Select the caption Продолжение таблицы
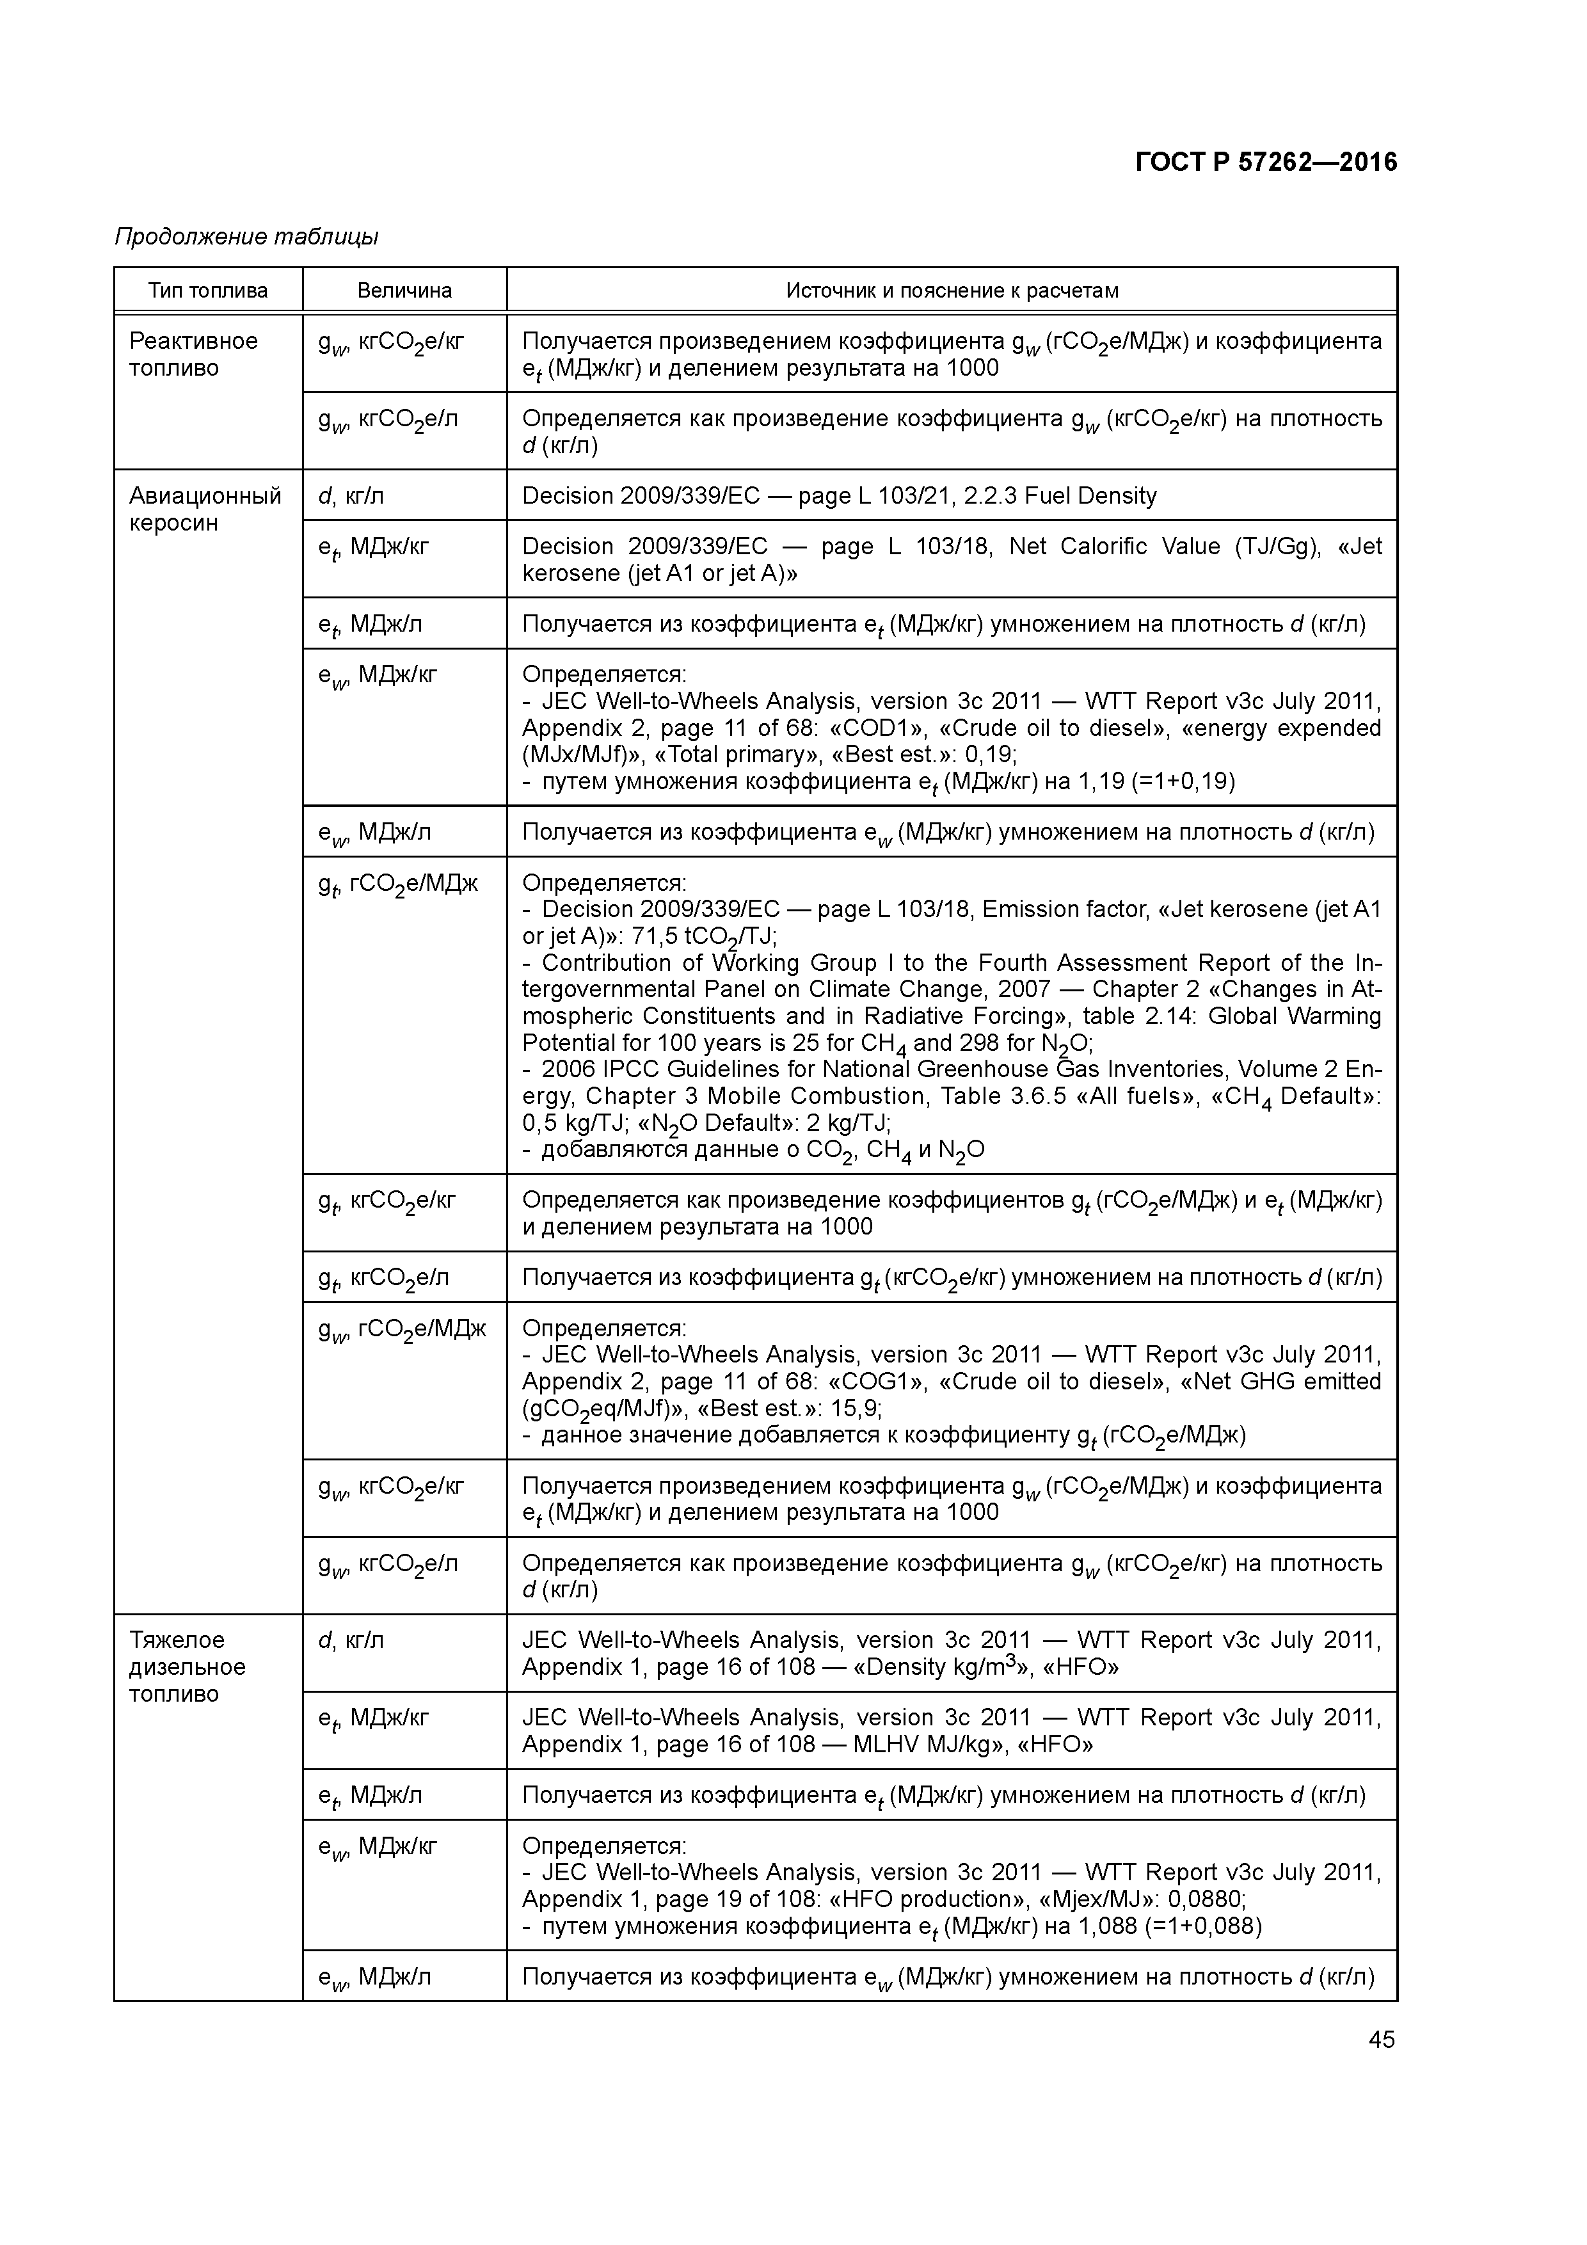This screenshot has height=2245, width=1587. (246, 237)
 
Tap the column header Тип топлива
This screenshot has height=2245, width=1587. (207, 291)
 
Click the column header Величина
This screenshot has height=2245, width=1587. (404, 291)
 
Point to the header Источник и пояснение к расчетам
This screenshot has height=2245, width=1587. (952, 291)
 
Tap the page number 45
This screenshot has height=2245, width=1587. (1381, 2040)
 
